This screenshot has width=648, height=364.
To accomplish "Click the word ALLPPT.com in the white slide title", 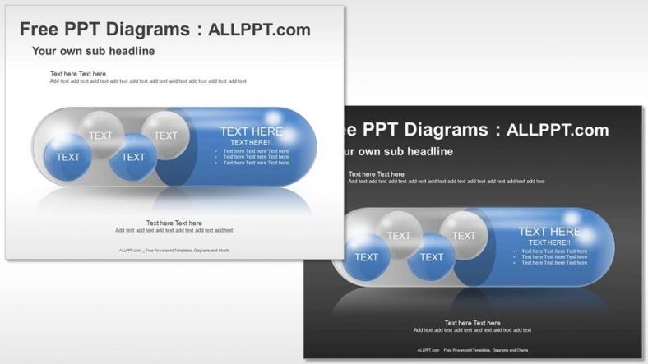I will click(259, 30).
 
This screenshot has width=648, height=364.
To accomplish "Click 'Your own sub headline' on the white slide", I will click(93, 51).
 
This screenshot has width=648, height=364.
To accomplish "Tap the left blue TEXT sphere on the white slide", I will click(68, 157).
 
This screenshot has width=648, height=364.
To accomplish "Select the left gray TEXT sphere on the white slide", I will click(100, 135).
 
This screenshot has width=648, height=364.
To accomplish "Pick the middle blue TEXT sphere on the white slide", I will click(132, 157).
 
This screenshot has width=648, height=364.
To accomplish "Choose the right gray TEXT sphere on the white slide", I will click(165, 135).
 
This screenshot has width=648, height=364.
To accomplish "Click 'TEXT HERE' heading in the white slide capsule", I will click(251, 131).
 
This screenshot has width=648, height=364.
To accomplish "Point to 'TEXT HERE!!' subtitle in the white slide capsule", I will click(251, 142).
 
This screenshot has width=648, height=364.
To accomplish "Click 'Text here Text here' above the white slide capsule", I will click(78, 74).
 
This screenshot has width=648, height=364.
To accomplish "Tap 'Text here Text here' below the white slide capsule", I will click(174, 223).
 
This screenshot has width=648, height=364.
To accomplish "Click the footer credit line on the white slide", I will click(174, 250).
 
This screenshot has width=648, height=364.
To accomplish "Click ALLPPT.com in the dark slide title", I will click(558, 130).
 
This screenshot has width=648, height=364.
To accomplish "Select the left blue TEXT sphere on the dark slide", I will click(367, 257).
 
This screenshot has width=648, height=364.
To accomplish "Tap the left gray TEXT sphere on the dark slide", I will click(399, 235).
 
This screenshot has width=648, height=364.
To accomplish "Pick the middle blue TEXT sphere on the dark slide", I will click(431, 257).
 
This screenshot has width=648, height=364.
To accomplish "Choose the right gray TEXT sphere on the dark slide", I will click(464, 235).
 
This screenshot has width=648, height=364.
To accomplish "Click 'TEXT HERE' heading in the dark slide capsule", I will click(549, 231).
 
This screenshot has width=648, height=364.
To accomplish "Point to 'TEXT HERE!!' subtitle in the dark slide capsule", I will click(549, 242).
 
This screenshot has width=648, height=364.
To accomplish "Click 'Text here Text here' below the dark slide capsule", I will click(473, 323).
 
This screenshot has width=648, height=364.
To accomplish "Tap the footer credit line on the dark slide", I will click(473, 350).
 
